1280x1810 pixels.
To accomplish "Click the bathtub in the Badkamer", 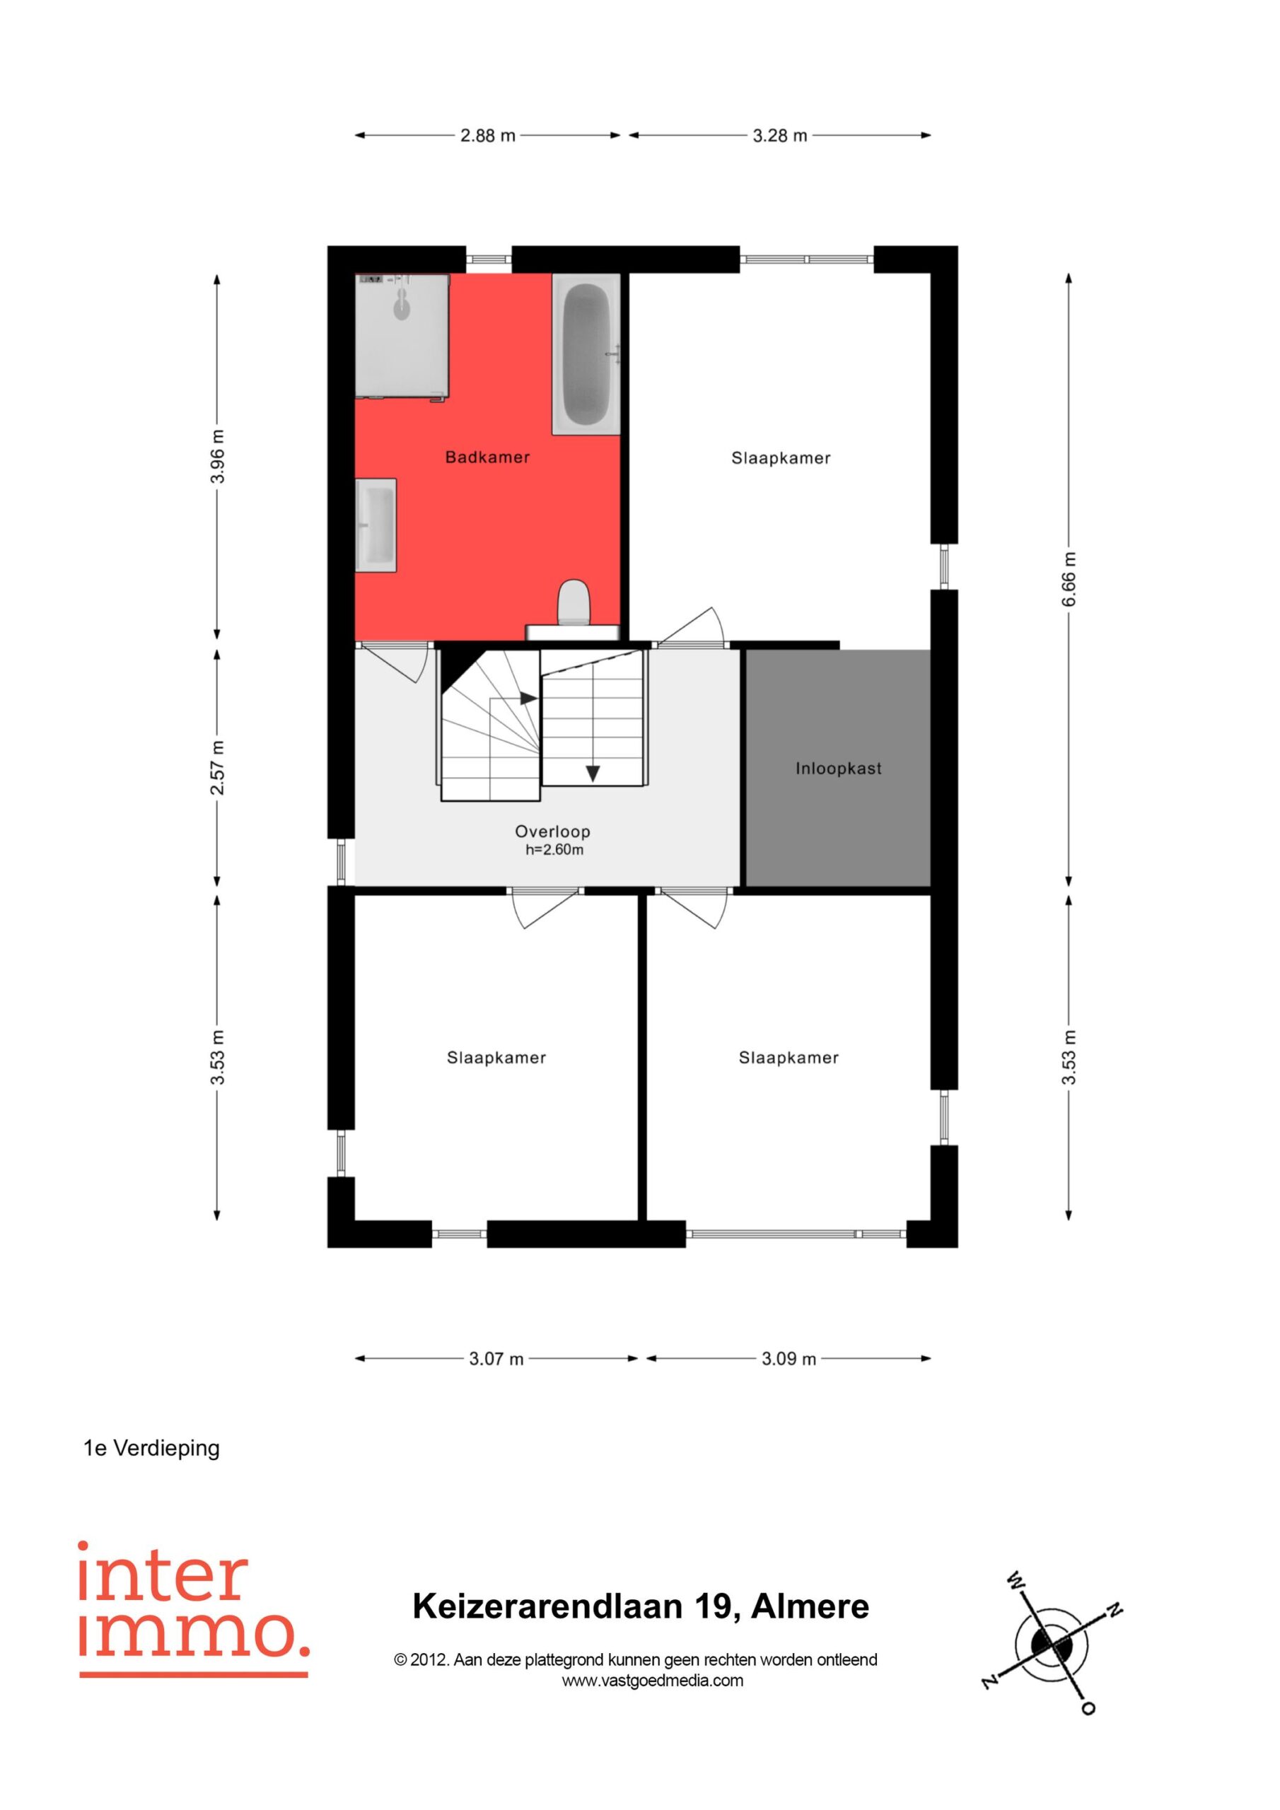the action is tap(586, 354).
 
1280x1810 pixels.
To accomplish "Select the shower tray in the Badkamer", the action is tap(402, 337).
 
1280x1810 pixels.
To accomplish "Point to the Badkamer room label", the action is tap(487, 457).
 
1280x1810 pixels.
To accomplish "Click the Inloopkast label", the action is tap(838, 769).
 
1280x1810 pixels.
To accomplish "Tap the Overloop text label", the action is tap(552, 831).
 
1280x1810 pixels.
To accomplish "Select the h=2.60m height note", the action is tap(554, 850).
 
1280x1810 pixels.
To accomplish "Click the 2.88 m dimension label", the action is tap(487, 136).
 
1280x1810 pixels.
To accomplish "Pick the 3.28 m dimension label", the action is tap(780, 136).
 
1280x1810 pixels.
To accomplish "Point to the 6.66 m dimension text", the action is tap(1069, 580).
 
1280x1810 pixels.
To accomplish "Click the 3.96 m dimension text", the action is tap(218, 457).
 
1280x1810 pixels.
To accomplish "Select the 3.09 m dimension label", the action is tap(789, 1358).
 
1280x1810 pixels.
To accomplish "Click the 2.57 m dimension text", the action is tap(218, 768).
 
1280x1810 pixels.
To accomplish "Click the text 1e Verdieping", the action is tap(151, 1448).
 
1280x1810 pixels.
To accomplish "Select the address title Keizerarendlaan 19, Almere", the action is tap(641, 1606).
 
